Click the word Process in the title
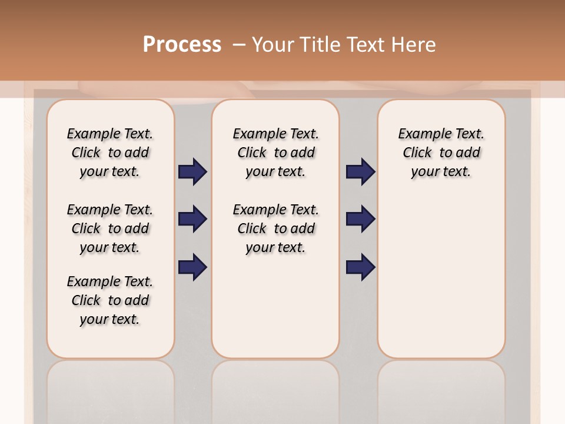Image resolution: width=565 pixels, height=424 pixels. coord(182,44)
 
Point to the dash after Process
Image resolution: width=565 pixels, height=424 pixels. coord(238,45)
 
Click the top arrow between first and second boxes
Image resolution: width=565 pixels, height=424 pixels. coord(192,171)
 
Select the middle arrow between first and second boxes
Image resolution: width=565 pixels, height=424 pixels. coord(192,219)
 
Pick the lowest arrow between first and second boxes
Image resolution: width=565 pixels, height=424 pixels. coord(192,267)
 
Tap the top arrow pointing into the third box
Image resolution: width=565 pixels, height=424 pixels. coord(360,171)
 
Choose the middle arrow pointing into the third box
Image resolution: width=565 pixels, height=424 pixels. coord(360,219)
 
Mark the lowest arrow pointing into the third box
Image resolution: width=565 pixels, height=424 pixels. coord(360,267)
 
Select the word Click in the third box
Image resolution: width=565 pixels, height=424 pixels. coord(417,153)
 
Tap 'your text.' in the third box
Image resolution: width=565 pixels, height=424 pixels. coord(441,172)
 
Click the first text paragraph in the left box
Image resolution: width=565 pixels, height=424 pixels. coord(110,153)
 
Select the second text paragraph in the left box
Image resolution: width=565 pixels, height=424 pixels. coord(110,228)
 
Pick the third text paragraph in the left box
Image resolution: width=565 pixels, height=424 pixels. coord(110,300)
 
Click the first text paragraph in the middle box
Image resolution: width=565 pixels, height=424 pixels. coord(275,153)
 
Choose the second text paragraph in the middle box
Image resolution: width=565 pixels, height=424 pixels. coord(275,228)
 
